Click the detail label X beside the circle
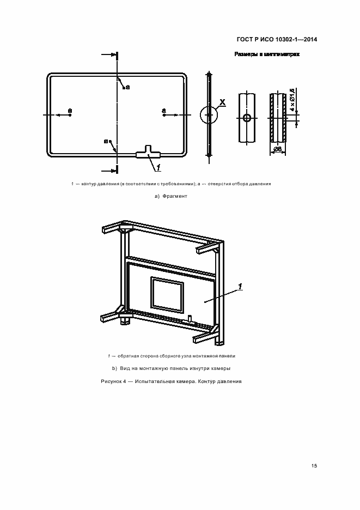tap(222, 102)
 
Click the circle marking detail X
tap(209, 115)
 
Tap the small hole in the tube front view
tap(247, 118)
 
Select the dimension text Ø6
tap(277, 149)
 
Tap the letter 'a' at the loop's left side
tap(70, 111)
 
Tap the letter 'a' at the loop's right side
tap(163, 111)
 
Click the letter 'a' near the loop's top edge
tap(127, 87)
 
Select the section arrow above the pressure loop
tap(112, 55)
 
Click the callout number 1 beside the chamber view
tap(240, 287)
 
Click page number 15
tap(314, 466)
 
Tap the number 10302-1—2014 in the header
tap(295, 39)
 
